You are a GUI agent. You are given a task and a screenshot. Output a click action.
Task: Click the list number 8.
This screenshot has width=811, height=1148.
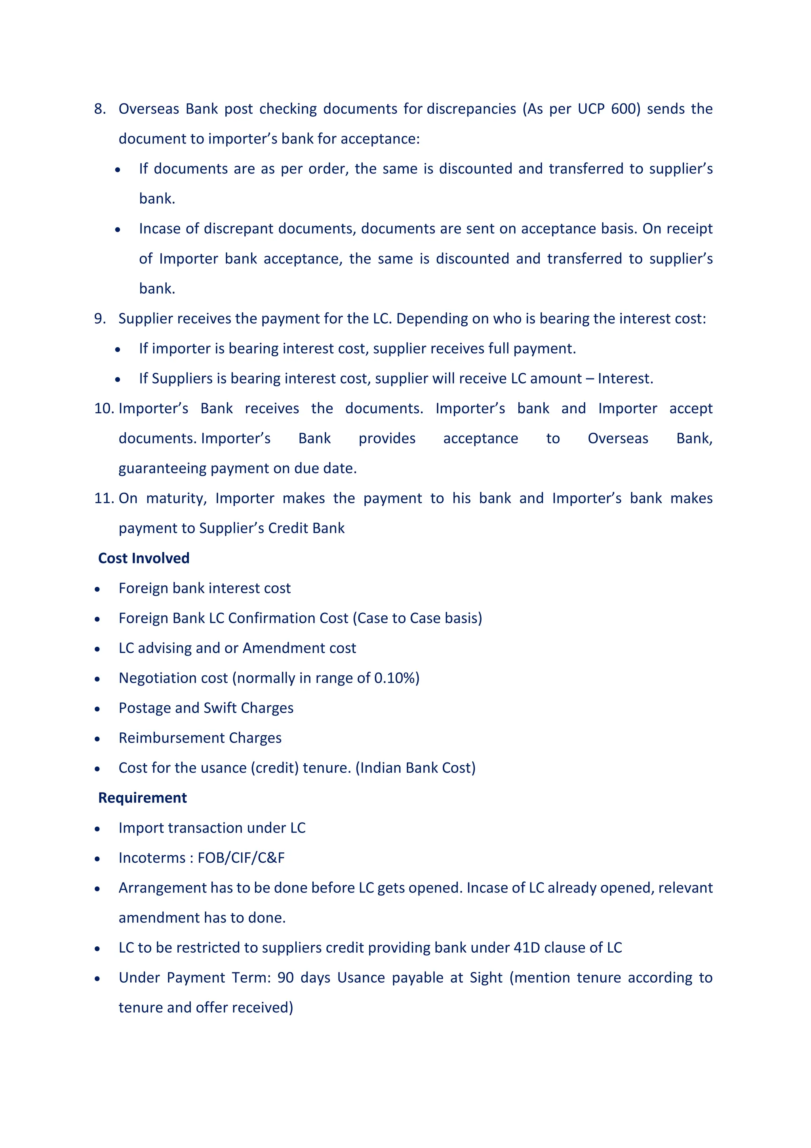[x=99, y=109]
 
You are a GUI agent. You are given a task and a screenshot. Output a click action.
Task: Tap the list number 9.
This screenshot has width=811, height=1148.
[x=99, y=319]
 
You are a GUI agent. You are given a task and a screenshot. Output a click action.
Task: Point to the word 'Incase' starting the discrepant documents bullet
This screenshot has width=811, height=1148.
[x=160, y=229]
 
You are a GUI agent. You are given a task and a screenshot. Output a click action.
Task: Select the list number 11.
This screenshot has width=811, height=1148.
[x=104, y=499]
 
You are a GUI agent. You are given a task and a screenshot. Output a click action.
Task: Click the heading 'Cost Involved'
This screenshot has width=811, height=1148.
[x=143, y=558]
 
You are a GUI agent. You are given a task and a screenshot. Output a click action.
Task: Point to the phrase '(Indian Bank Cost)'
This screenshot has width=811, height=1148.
[x=415, y=768]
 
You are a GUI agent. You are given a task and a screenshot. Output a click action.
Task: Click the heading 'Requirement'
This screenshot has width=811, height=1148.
[x=143, y=798]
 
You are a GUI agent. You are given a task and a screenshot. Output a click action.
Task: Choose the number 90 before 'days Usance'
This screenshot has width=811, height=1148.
[x=286, y=978]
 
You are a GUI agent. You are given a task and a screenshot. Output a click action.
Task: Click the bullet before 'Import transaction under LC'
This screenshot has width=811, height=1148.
[x=97, y=829]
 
